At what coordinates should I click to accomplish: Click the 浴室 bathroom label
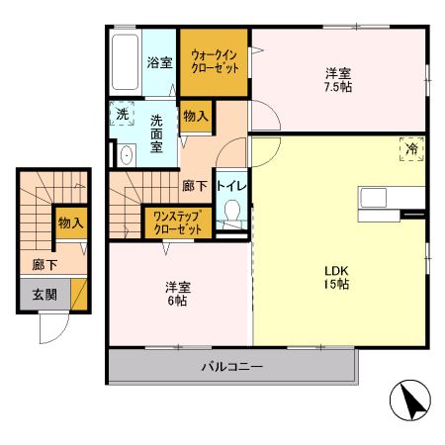pyautogui.click(x=159, y=61)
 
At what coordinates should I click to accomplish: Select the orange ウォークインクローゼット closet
pyautogui.click(x=213, y=62)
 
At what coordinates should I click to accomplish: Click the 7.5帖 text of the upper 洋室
pyautogui.click(x=338, y=86)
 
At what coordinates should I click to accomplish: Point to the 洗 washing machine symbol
pyautogui.click(x=122, y=115)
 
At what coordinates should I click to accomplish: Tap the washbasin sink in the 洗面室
pyautogui.click(x=127, y=155)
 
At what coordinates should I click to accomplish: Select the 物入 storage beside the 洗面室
pyautogui.click(x=196, y=117)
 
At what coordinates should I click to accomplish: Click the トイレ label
pyautogui.click(x=231, y=185)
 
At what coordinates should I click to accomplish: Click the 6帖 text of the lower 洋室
pyautogui.click(x=178, y=301)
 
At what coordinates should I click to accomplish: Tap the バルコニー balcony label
pyautogui.click(x=232, y=367)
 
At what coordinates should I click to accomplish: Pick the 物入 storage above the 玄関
pyautogui.click(x=69, y=223)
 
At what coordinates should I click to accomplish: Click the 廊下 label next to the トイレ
pyautogui.click(x=193, y=185)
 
